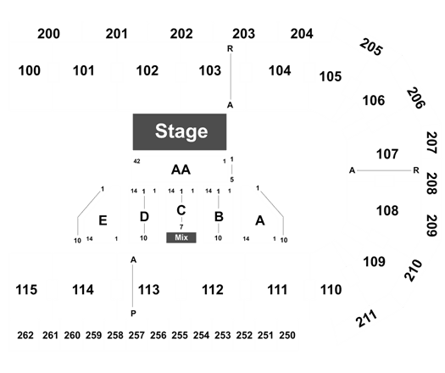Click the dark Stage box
180,131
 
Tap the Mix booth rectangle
181,237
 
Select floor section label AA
181,170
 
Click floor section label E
103,220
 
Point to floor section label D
144,217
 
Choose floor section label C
181,210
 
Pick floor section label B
219,216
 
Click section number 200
48,34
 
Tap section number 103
209,70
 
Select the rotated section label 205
371,47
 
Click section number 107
387,154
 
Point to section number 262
25,335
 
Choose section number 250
287,335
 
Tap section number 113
148,290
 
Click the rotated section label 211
366,318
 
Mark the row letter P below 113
133,314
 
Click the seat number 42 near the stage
136,161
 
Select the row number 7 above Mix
181,227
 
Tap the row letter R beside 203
230,49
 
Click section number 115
26,290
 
